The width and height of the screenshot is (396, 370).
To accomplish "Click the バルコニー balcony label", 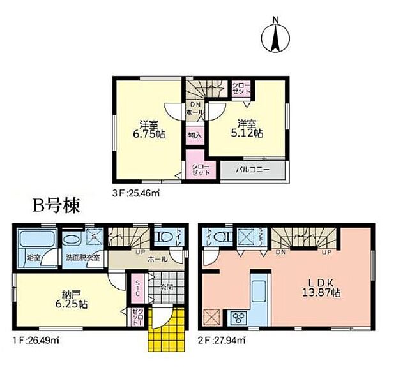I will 253,170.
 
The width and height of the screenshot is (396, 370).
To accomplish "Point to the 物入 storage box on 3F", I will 195,135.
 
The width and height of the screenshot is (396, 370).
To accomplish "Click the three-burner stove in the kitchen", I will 240,316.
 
